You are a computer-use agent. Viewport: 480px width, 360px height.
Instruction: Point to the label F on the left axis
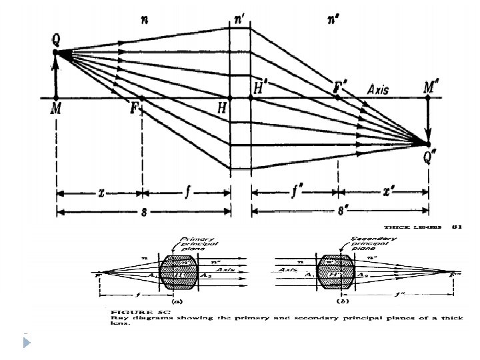pyautogui.click(x=134, y=109)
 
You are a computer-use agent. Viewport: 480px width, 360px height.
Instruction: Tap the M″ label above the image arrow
pyautogui.click(x=431, y=87)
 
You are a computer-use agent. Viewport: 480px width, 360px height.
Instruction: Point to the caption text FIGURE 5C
pyautogui.click(x=129, y=311)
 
